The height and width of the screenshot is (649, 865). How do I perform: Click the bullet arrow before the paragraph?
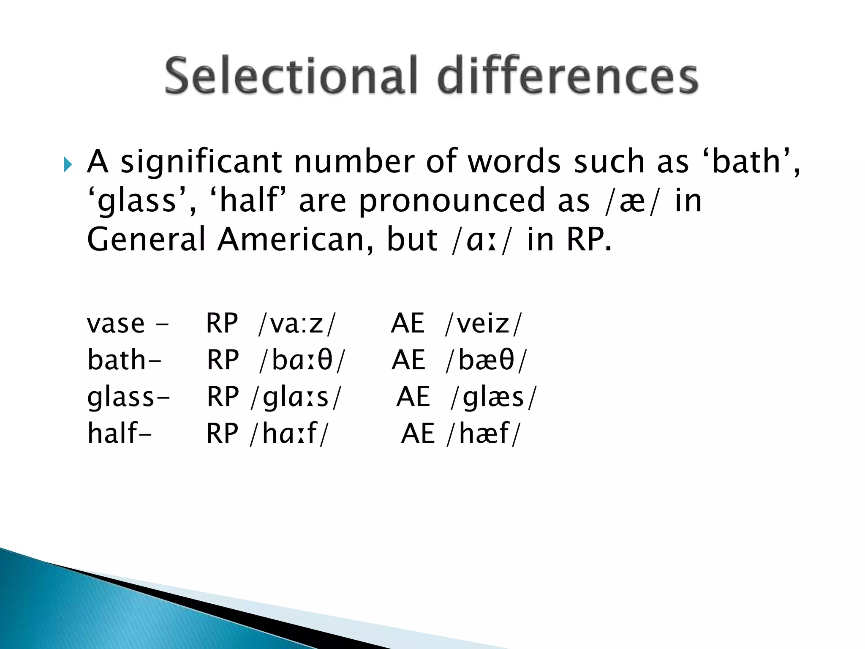(x=68, y=164)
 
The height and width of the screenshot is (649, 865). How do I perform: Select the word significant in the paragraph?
(x=201, y=162)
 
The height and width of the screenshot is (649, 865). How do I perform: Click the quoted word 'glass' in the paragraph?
(x=137, y=201)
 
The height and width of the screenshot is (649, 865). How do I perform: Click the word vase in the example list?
(x=116, y=324)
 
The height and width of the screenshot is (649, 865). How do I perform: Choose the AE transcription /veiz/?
(x=484, y=324)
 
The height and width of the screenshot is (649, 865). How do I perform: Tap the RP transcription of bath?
(x=302, y=360)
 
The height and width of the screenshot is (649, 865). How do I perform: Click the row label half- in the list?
(x=119, y=434)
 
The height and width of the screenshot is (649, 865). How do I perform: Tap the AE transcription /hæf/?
(x=484, y=434)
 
